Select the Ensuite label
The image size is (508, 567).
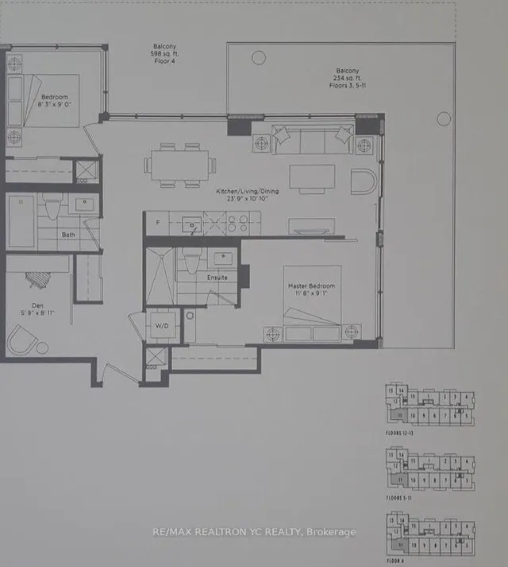217,278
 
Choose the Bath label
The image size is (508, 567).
68,235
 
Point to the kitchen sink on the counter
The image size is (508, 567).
192,226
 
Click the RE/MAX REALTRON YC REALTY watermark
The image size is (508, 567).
254,532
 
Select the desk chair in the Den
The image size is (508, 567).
39,280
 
